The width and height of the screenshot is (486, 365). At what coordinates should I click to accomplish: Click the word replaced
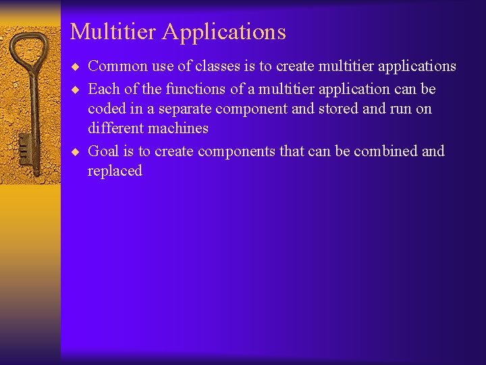click(x=115, y=171)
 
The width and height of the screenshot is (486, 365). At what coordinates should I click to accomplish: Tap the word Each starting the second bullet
click(x=103, y=89)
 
